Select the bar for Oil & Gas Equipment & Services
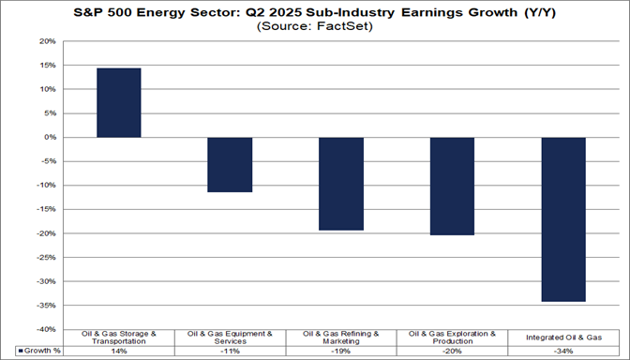[230, 165]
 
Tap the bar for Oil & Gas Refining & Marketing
[341, 184]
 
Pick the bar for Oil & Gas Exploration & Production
[452, 186]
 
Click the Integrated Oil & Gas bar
[562, 219]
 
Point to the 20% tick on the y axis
[45, 41]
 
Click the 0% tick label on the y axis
[48, 138]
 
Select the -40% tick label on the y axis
[44, 329]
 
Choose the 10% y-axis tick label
[45, 90]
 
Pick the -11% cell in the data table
[230, 351]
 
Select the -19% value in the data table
[341, 351]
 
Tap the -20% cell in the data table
[452, 351]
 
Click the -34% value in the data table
[562, 351]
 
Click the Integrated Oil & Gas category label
[562, 337]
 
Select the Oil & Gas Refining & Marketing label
[341, 337]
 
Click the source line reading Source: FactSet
[314, 27]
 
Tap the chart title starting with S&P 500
[314, 11]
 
